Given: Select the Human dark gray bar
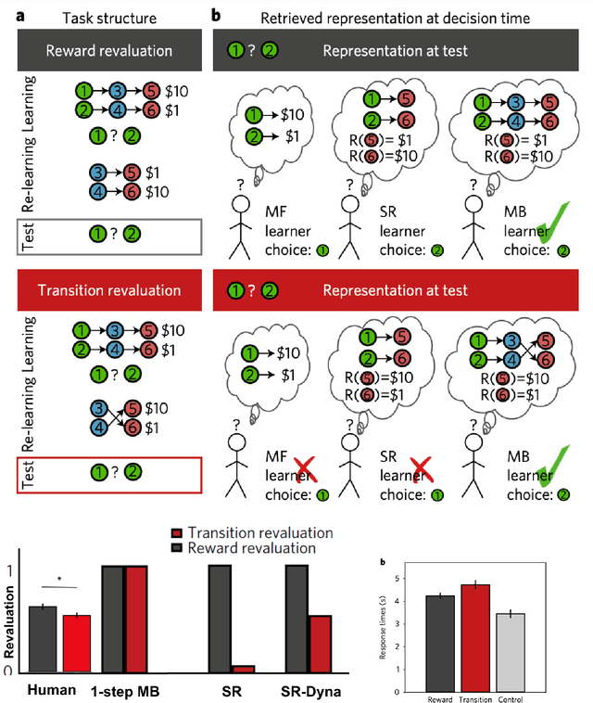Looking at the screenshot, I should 44,639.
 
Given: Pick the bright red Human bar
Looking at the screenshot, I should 76,644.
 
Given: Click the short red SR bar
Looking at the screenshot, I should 243,669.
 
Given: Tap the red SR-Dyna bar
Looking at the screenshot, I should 321,644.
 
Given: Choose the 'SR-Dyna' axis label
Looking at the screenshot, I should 309,691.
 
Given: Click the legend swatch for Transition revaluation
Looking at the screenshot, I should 177,532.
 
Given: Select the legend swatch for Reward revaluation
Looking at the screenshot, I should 177,547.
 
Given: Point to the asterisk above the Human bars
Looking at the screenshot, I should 59,580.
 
